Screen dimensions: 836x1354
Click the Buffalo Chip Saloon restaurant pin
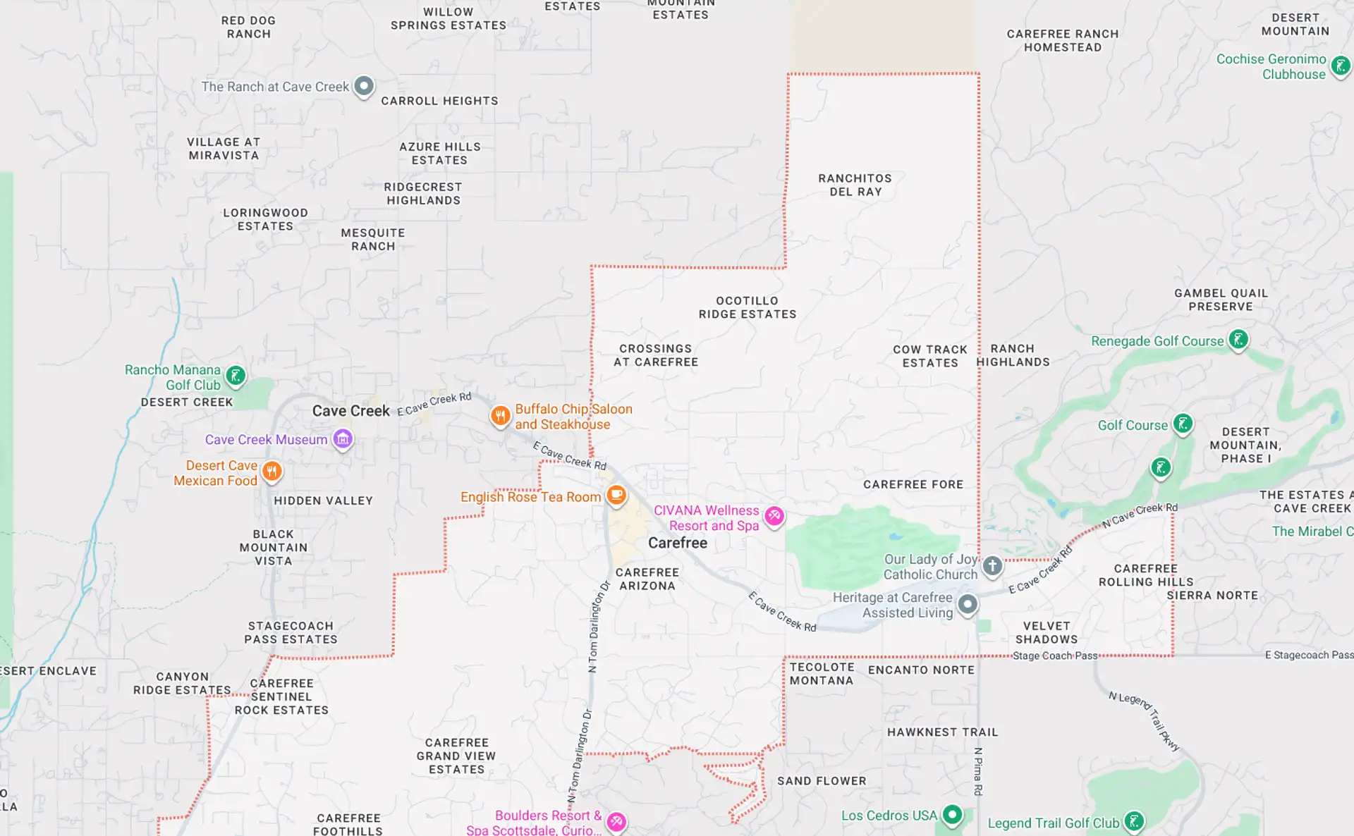(x=500, y=415)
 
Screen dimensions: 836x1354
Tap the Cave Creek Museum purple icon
(x=343, y=438)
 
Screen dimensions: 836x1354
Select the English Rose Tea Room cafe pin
(x=616, y=495)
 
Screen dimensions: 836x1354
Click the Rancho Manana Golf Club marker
(x=236, y=375)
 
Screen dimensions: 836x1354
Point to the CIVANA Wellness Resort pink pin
(x=774, y=515)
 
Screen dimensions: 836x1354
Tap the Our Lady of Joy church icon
(x=992, y=565)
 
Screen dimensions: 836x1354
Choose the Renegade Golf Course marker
(x=1238, y=340)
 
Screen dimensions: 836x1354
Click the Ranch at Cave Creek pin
(x=364, y=86)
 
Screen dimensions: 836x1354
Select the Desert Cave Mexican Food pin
(x=272, y=470)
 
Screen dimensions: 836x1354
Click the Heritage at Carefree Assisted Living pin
(x=968, y=604)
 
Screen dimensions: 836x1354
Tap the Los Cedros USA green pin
(x=952, y=814)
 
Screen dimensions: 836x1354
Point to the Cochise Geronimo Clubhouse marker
(x=1340, y=66)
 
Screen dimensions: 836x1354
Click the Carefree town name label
(x=677, y=543)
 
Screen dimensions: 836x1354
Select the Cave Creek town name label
(x=350, y=411)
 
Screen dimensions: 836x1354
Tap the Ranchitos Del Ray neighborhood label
(x=855, y=185)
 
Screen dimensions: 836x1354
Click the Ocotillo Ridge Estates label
(x=748, y=307)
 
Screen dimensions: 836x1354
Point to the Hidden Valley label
(x=323, y=500)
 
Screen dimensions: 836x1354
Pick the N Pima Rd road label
(x=978, y=771)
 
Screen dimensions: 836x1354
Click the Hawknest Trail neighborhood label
(x=942, y=732)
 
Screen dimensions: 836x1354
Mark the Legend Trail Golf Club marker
(x=1134, y=821)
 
